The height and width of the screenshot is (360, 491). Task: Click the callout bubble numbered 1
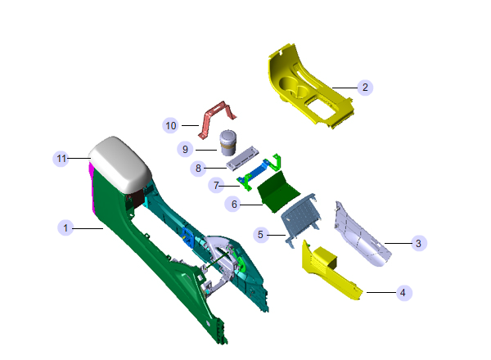click(65, 227)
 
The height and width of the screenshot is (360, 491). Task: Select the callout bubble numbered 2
click(365, 87)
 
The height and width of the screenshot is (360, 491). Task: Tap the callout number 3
click(419, 243)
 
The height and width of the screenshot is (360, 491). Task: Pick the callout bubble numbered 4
click(403, 293)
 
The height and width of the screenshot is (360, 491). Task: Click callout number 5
click(260, 235)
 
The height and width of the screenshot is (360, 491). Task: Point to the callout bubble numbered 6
click(233, 204)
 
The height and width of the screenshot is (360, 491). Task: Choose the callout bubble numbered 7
click(216, 186)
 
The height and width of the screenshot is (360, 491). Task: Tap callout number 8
click(198, 169)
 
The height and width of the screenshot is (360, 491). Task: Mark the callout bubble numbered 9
click(185, 150)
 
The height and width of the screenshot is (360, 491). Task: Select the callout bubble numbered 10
click(171, 125)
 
